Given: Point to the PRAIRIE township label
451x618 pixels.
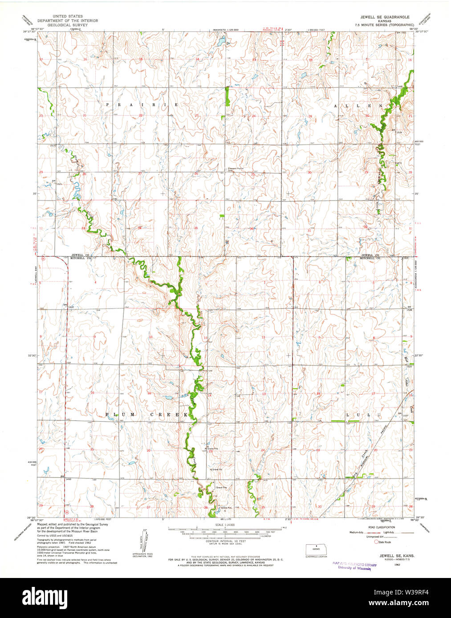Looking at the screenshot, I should pyautogui.click(x=142, y=104).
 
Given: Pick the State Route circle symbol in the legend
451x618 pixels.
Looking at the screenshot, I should pyautogui.click(x=376, y=542).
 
